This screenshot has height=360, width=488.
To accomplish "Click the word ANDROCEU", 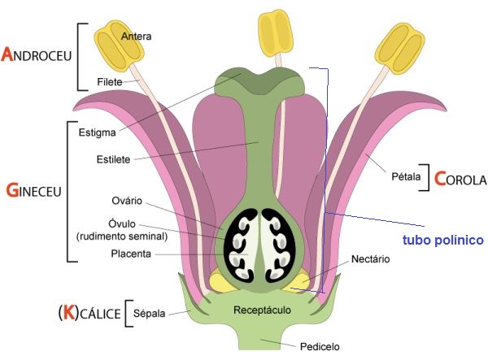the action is (37, 54).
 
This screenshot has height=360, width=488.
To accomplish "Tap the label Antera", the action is (137, 37).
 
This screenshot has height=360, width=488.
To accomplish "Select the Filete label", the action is (110, 82).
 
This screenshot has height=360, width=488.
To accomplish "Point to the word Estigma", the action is (97, 132).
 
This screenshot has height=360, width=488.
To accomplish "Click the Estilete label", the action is (113, 159).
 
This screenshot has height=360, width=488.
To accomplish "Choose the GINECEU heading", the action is (33, 191).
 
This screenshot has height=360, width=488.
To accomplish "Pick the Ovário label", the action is (127, 201).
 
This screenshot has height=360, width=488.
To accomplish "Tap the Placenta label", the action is (131, 254).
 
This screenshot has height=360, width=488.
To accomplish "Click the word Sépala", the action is (149, 313).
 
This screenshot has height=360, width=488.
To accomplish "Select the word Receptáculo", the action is (263, 310).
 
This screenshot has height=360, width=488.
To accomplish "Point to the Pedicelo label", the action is (320, 347).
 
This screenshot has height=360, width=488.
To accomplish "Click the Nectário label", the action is (370, 259).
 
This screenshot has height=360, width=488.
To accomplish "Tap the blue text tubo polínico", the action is (443, 241).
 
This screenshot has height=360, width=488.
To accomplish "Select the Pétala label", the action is (406, 176).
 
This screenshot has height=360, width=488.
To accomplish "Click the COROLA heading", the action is (460, 179).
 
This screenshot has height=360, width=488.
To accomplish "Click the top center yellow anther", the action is (276, 33).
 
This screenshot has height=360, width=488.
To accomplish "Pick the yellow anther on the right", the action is (400, 49).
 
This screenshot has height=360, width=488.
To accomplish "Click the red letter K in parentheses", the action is (69, 312).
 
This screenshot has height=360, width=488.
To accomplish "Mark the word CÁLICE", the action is (100, 314).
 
